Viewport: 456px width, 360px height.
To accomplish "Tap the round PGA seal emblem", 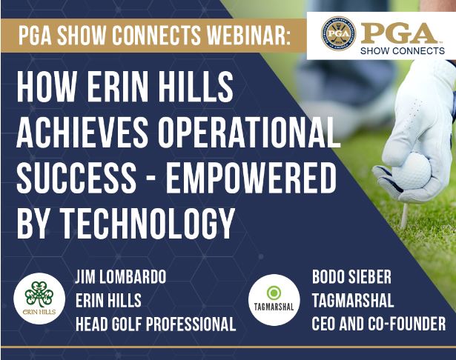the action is coord(339,33).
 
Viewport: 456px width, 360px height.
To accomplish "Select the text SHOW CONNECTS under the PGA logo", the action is coord(403,51).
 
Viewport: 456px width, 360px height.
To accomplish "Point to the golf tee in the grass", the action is coord(404,215).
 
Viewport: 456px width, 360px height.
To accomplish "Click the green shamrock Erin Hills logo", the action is coord(39,299).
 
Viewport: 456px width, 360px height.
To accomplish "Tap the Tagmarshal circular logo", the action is coord(274,300).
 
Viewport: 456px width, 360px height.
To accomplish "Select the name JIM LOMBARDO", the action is coord(121,276).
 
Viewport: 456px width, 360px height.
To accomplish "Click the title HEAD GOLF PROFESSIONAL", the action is coord(156,324).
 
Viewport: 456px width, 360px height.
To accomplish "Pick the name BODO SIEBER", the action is coord(351,276).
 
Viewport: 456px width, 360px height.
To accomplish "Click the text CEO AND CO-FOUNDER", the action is coord(379,324).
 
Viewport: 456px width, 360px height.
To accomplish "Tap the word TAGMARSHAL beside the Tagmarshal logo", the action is coord(353,300).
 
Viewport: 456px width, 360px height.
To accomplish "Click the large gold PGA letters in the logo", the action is coord(399,33).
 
